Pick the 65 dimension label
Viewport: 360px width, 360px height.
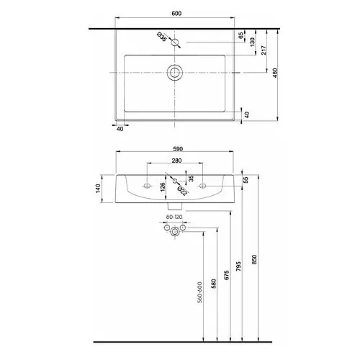pos(241,35)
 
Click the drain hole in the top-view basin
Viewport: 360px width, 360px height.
pos(174,72)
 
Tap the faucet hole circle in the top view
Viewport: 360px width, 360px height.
pos(175,43)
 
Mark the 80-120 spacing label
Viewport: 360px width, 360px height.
pos(174,216)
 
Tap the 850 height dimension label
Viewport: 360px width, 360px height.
pos(253,258)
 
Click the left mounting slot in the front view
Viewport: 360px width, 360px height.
pos(148,186)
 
